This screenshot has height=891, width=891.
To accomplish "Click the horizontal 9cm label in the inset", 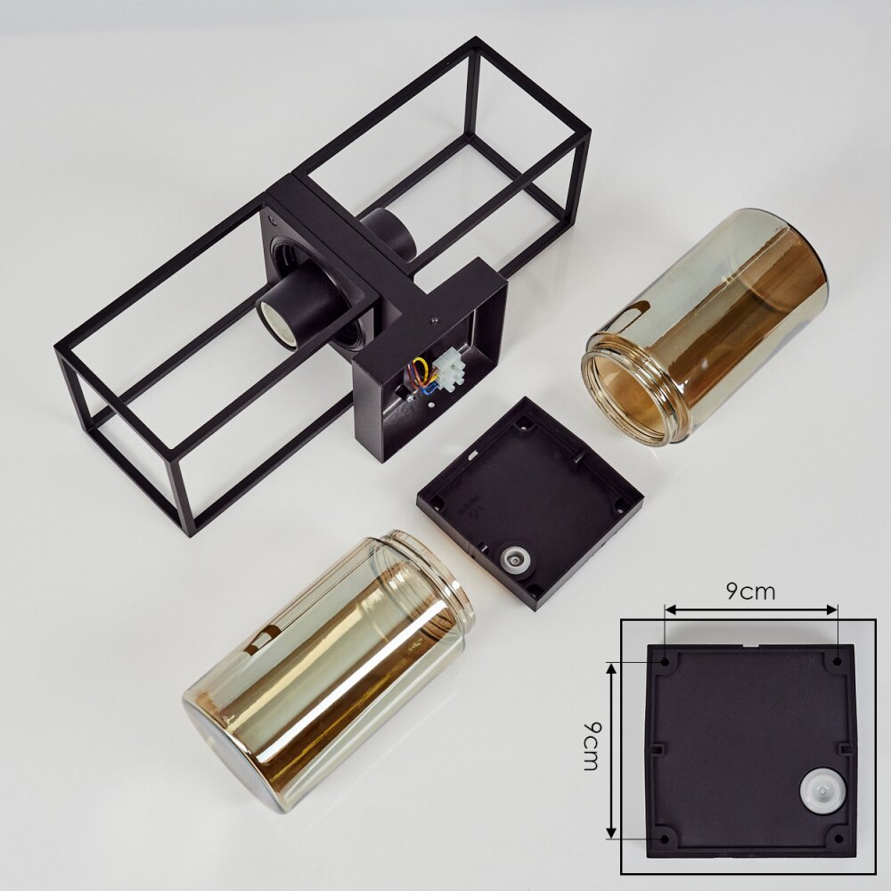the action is [750, 592].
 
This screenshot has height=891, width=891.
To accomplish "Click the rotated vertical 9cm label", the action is [592, 746].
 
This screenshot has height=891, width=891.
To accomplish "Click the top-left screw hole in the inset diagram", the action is [665, 662].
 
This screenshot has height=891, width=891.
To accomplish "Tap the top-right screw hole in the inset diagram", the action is [837, 661].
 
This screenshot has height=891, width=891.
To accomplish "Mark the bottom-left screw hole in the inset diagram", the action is [665, 838].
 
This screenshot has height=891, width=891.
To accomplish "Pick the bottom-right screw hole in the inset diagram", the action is [838, 838].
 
